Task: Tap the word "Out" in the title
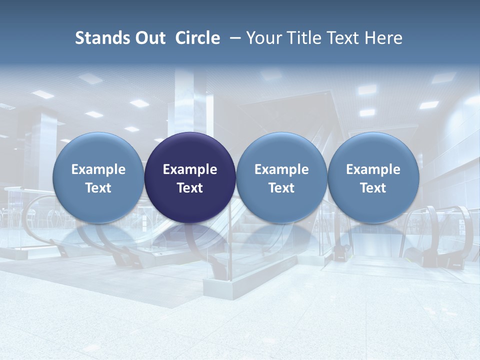click(x=149, y=38)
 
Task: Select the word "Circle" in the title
click(x=197, y=38)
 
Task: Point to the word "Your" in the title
click(x=262, y=38)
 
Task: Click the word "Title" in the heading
click(x=298, y=38)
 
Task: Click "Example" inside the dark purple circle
click(x=190, y=169)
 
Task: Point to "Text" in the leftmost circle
click(x=98, y=188)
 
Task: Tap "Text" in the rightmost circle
click(x=373, y=188)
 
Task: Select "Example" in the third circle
click(x=281, y=169)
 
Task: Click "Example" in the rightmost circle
click(x=373, y=169)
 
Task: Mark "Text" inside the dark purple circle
click(x=190, y=188)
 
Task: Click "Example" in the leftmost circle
click(x=98, y=169)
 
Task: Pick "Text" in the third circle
click(x=281, y=188)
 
